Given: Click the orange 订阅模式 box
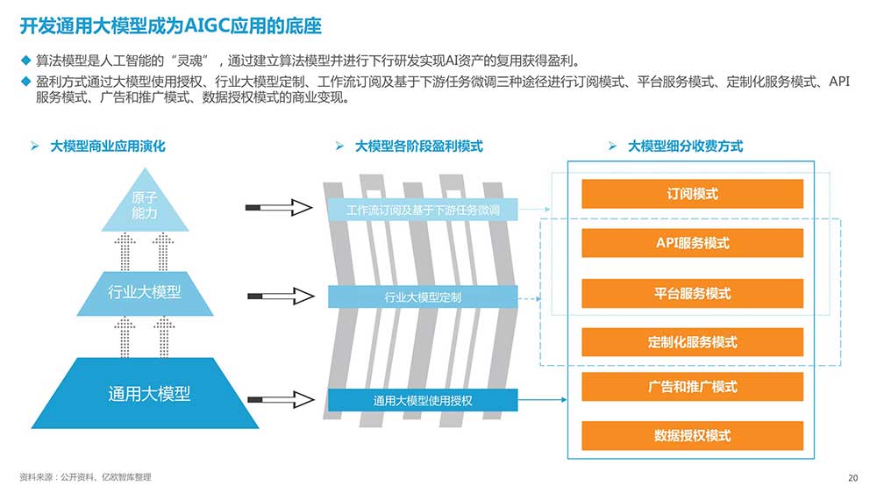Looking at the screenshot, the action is [693, 194].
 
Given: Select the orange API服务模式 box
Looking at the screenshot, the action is [693, 243].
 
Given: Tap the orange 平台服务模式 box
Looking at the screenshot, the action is [693, 293].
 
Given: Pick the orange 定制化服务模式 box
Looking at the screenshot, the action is [693, 342].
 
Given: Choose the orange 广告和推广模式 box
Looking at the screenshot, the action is [693, 387].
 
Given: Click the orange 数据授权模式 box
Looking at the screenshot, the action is [693, 435].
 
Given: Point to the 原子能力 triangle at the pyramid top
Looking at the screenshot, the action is [145, 207].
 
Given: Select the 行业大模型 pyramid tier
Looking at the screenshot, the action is [145, 293].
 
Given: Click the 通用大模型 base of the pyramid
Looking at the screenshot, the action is [145, 393].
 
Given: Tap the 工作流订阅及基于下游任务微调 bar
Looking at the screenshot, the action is [423, 210].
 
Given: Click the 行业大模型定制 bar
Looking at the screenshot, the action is [423, 297].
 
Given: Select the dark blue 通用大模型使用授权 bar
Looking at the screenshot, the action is [423, 400].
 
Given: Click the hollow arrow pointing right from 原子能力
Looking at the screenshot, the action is [279, 208].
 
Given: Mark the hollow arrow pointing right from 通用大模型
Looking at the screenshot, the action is [281, 399].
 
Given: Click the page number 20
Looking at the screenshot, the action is [853, 478].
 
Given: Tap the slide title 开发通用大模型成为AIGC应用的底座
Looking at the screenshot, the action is [171, 26].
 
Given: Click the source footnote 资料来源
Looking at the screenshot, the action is [85, 477].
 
